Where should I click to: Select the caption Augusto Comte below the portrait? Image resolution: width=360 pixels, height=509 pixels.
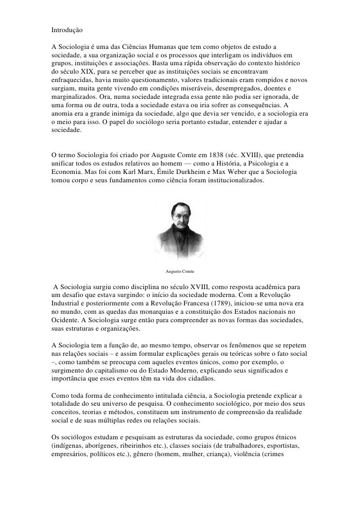tap(180, 272)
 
